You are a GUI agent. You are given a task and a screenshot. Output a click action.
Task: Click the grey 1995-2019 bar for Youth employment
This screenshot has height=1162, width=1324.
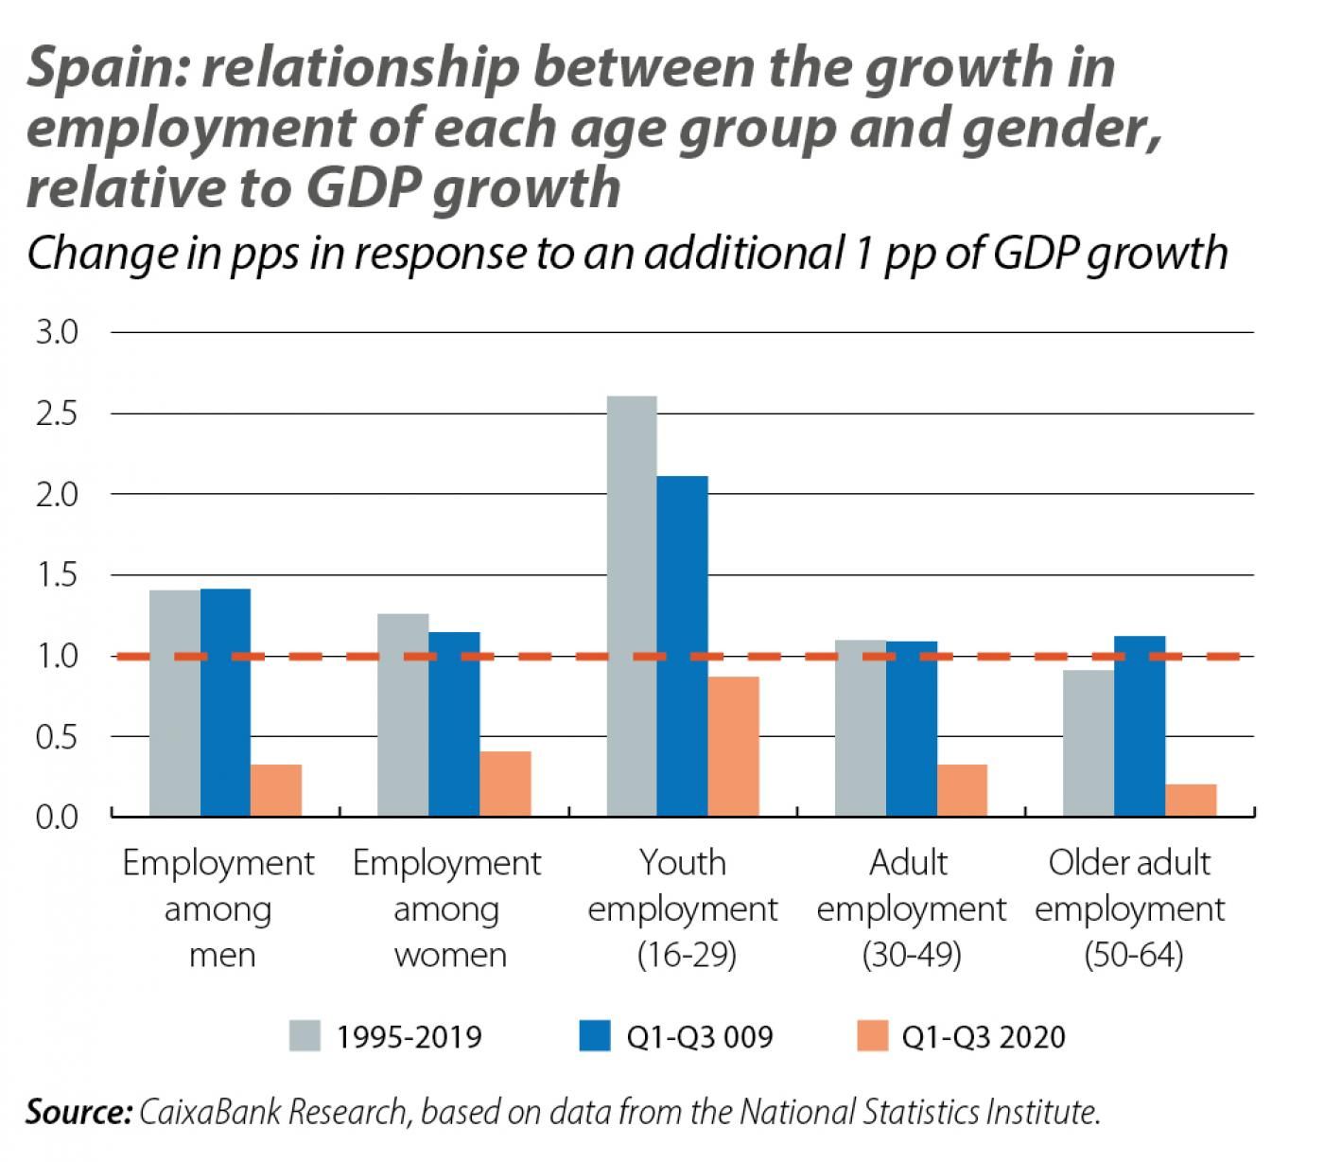point(631,606)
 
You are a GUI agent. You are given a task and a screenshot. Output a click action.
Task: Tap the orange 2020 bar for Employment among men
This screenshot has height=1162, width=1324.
point(276,790)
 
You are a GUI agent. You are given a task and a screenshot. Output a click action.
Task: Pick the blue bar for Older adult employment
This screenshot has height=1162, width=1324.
point(1140,726)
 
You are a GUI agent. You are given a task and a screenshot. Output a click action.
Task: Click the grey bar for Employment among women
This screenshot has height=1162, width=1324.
point(402,714)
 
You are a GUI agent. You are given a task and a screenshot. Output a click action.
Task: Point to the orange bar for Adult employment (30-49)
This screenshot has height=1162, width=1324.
point(962,790)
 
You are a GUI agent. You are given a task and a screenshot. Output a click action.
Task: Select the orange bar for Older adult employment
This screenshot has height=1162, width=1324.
point(1191,800)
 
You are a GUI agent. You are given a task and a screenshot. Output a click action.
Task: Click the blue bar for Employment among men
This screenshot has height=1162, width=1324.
point(225,702)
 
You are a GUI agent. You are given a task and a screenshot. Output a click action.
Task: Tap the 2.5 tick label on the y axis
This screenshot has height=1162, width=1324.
point(57,414)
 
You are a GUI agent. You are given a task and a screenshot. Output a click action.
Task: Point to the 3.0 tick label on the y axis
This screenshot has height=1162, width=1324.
point(57,333)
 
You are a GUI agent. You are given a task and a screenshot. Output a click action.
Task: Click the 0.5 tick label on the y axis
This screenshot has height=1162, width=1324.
point(57,736)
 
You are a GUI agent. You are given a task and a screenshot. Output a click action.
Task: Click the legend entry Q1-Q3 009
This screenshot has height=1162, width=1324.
point(699,1037)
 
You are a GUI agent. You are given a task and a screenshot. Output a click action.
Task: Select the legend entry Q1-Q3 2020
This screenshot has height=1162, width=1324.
point(984,1037)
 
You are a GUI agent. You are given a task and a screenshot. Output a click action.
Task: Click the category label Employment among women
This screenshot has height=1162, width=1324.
point(447,908)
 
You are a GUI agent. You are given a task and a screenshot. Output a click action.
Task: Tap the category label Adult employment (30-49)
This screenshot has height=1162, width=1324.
point(910,908)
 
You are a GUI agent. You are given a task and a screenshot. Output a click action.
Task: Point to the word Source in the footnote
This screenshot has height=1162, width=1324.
point(77,1112)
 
